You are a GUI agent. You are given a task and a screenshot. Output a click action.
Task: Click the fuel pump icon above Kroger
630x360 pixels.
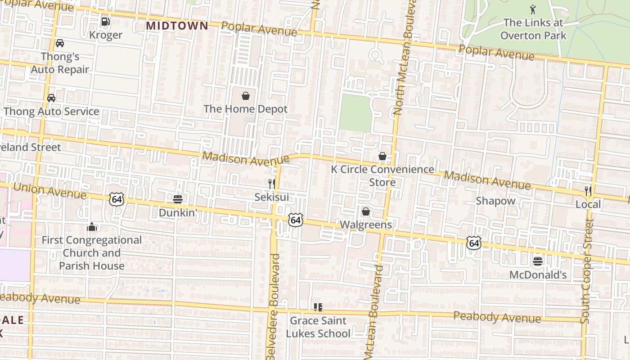[105, 21]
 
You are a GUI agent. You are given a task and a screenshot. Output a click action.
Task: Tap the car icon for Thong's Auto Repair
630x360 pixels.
[59, 43]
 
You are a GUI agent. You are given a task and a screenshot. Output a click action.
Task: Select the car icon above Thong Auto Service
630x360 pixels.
[51, 98]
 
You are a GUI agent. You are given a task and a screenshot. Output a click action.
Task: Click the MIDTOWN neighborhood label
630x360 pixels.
[177, 26]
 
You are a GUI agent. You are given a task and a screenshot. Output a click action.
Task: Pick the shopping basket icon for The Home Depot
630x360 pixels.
[246, 96]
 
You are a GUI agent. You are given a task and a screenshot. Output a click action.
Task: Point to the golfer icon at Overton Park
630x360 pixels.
[533, 9]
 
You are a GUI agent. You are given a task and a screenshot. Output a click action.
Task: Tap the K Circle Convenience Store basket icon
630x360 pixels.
[382, 156]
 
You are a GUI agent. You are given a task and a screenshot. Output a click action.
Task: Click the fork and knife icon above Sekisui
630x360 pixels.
[272, 184]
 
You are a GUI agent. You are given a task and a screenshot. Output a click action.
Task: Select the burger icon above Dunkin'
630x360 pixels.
[178, 199]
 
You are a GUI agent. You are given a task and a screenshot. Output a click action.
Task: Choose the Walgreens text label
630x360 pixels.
[365, 225]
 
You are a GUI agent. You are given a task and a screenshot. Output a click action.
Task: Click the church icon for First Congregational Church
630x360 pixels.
[92, 226]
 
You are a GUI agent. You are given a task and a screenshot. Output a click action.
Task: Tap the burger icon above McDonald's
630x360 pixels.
[538, 261]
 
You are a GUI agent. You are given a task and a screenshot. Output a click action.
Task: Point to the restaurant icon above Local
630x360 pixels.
[588, 191]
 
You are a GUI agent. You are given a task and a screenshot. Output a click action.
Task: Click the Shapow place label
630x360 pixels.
[495, 201]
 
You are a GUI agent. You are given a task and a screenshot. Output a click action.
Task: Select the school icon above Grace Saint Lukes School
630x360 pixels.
[318, 307]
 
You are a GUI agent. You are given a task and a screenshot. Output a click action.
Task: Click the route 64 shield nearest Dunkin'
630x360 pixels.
[116, 199]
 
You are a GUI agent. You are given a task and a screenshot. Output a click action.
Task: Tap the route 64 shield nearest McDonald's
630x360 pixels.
[473, 243]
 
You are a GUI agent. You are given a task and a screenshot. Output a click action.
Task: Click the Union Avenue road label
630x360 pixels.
[49, 191]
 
